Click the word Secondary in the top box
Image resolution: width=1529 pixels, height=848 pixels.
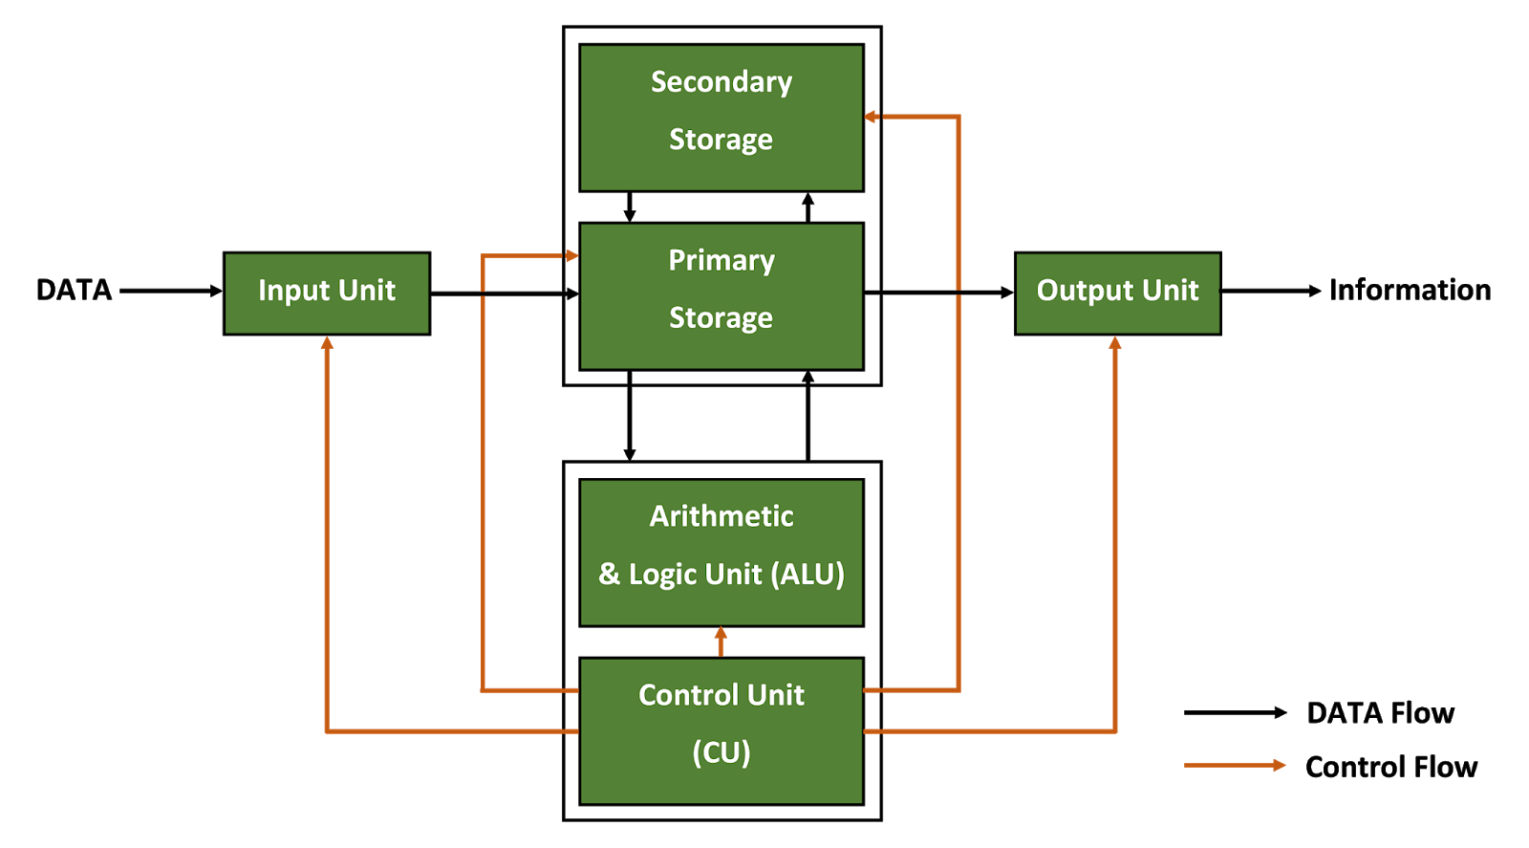click(721, 82)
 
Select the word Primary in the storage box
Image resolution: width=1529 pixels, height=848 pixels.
click(721, 261)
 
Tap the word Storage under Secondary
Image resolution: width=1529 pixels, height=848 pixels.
click(721, 140)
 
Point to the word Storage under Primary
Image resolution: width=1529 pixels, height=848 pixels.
click(721, 318)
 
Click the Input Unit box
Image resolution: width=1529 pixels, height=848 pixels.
click(327, 294)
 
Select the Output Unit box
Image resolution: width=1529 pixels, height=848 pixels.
click(1117, 294)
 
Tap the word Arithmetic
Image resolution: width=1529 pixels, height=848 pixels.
click(721, 516)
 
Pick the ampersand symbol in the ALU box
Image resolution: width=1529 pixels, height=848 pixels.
click(609, 574)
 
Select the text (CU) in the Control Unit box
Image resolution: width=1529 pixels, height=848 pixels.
click(721, 752)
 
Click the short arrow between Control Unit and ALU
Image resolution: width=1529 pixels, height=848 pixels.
click(721, 641)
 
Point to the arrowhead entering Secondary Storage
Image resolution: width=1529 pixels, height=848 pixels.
click(872, 117)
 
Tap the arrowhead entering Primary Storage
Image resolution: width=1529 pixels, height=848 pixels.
click(571, 255)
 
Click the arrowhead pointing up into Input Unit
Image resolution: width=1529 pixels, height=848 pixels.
click(327, 343)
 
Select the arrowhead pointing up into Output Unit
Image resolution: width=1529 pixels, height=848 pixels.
click(1114, 343)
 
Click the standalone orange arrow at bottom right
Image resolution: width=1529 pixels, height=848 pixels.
click(1235, 765)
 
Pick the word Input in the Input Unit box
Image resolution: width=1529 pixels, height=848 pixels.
click(287, 291)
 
